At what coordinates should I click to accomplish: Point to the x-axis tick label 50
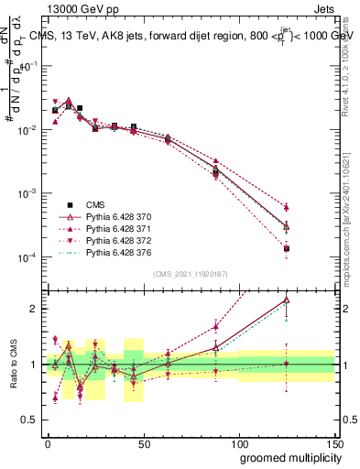tap(143, 442)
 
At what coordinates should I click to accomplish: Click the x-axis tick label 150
tap(333, 442)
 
